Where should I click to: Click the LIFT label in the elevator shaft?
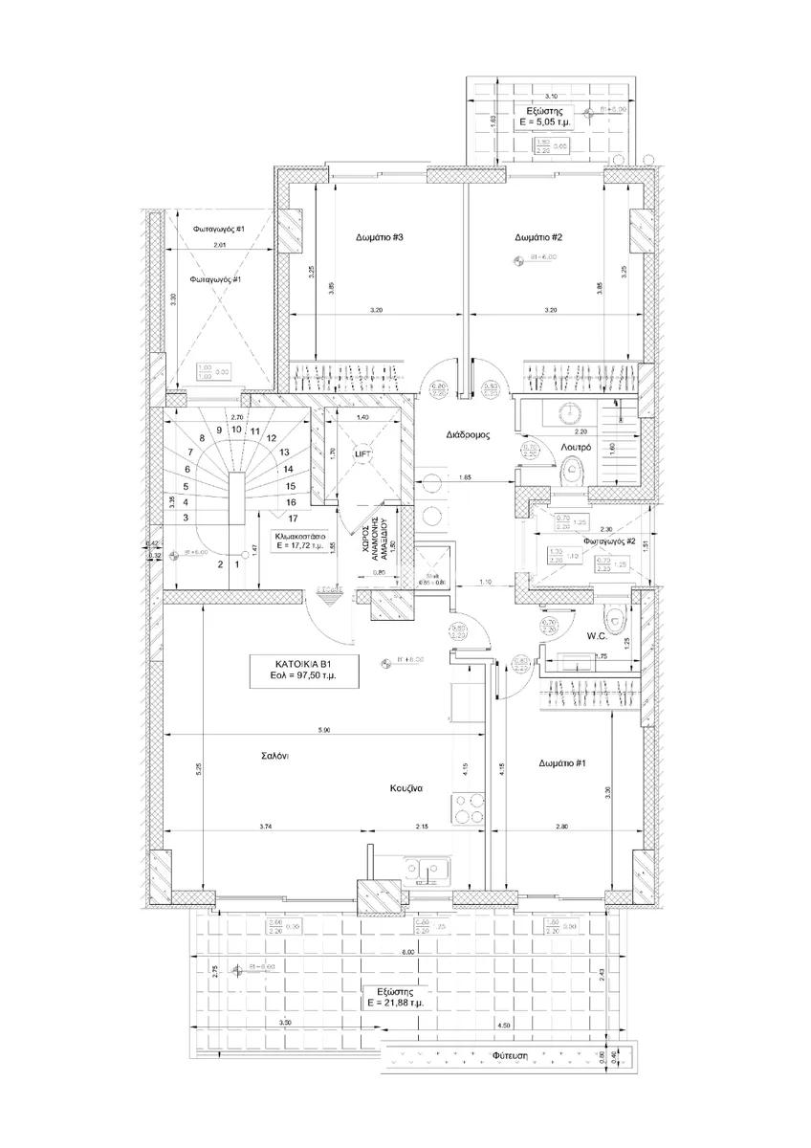coord(362,454)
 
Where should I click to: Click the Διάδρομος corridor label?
coord(468,434)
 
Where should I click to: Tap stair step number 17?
coord(290,518)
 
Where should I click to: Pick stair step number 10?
coord(235,430)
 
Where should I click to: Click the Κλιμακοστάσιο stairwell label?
coord(297,538)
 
